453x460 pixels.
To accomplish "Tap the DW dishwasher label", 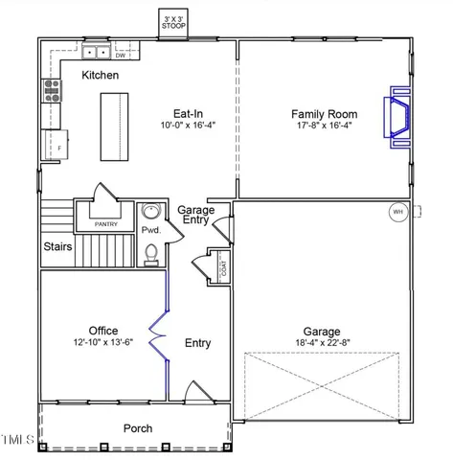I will [121, 56].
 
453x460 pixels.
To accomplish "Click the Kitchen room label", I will [101, 75].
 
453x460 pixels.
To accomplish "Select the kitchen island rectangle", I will [114, 126].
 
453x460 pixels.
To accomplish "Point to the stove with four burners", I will [52, 91].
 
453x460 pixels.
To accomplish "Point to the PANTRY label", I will [106, 224].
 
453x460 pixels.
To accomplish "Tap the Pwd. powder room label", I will [150, 231].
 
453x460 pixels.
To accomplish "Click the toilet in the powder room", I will [151, 253].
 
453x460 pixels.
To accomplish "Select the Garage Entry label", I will [196, 216].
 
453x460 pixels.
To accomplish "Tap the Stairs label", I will [58, 246].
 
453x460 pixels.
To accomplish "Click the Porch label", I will [138, 428].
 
